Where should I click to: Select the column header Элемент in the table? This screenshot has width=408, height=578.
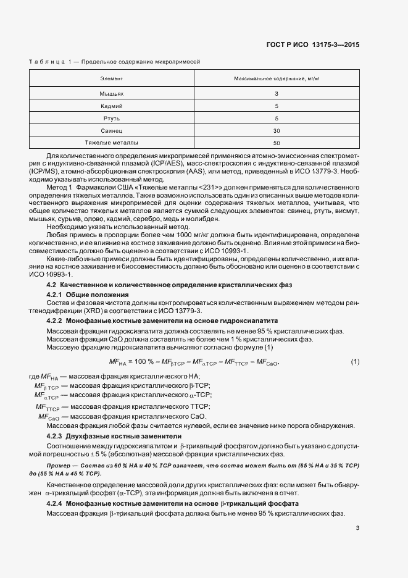[x=112, y=79]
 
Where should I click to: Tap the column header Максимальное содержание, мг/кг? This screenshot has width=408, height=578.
[x=277, y=79]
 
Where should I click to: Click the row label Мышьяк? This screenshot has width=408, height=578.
[x=112, y=94]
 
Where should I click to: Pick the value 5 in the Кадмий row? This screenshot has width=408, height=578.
[x=277, y=106]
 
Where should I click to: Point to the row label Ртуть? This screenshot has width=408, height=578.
[x=112, y=118]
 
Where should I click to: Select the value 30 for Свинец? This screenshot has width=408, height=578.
[x=277, y=130]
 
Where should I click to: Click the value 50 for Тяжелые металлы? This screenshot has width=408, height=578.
[x=277, y=143]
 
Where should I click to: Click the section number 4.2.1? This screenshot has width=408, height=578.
[x=57, y=295]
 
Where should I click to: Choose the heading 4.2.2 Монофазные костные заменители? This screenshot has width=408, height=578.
[x=162, y=321]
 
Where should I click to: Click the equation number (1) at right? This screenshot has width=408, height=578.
[x=355, y=361]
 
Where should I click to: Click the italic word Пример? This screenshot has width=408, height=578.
[x=60, y=464]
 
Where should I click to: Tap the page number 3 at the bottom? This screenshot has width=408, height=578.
[x=357, y=528]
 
